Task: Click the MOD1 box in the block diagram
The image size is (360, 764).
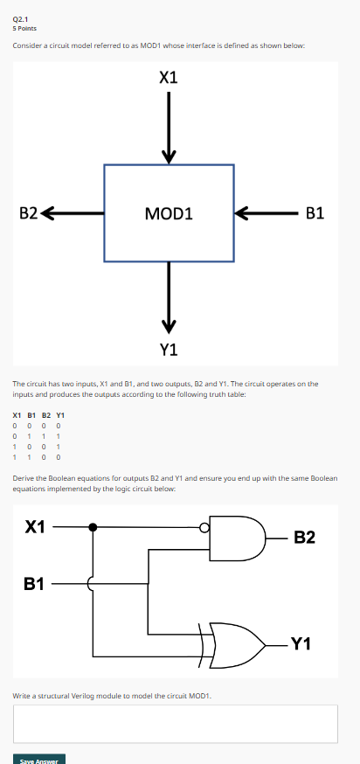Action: click(169, 213)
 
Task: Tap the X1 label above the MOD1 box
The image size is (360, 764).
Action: click(169, 78)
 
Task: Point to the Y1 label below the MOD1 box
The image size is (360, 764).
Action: click(169, 350)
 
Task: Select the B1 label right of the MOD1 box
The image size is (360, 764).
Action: click(315, 212)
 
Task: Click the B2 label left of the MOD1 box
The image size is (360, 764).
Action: click(29, 212)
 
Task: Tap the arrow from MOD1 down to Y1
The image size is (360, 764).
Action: click(169, 297)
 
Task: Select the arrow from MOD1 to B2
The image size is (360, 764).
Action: click(72, 212)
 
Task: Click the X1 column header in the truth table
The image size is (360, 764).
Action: click(17, 415)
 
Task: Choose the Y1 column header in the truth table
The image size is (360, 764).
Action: click(60, 415)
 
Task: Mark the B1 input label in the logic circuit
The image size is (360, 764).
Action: click(35, 582)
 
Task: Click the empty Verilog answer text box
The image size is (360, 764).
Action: click(175, 723)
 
